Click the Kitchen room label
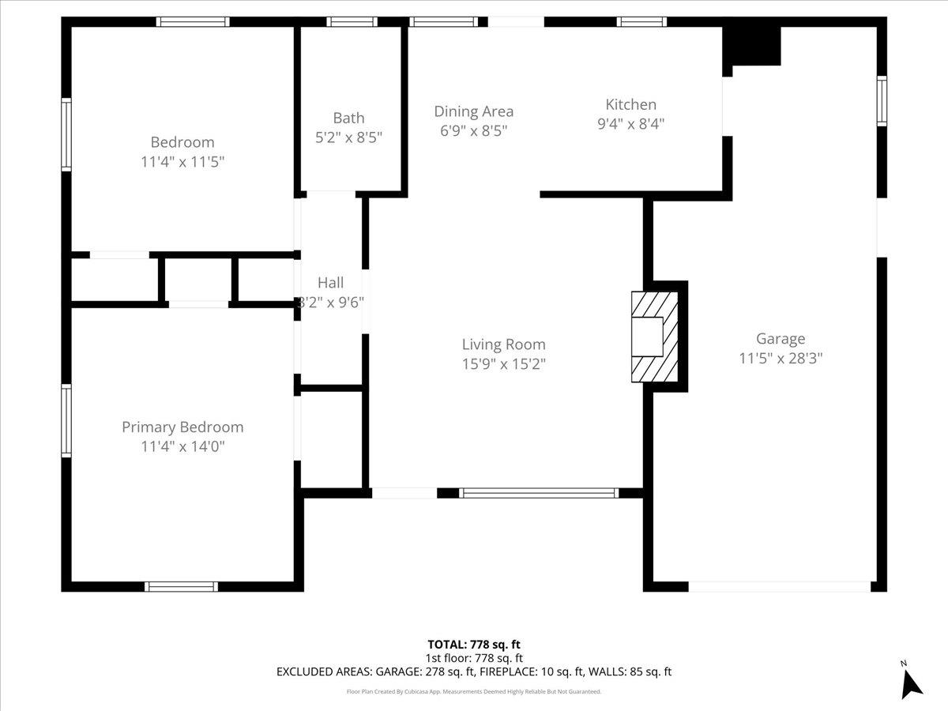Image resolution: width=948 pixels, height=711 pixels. click(x=630, y=104)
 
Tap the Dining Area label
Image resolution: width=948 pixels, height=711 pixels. click(x=473, y=111)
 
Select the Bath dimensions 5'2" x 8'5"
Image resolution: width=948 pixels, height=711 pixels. click(x=348, y=137)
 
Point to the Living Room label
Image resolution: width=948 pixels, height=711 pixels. click(x=503, y=344)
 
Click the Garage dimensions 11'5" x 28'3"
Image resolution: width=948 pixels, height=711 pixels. click(x=781, y=358)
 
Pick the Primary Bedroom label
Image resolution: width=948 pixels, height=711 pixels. click(x=182, y=427)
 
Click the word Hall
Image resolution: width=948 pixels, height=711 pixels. click(x=330, y=283)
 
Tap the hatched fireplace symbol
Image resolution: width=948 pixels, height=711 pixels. click(x=654, y=337)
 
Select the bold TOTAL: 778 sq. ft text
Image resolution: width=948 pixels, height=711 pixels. click(x=474, y=645)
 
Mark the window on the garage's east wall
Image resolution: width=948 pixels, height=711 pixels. click(x=882, y=101)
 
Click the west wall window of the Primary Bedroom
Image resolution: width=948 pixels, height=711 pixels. click(x=66, y=419)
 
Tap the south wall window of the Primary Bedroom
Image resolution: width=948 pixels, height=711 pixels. click(x=181, y=586)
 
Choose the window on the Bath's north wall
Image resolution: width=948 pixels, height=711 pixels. click(x=352, y=22)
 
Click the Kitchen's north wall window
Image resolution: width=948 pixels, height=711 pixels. click(x=641, y=22)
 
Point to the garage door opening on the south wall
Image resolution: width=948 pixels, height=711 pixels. click(x=779, y=586)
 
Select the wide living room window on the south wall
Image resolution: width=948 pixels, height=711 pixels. click(x=539, y=493)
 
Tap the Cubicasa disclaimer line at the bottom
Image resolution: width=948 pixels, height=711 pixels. click(x=474, y=691)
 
